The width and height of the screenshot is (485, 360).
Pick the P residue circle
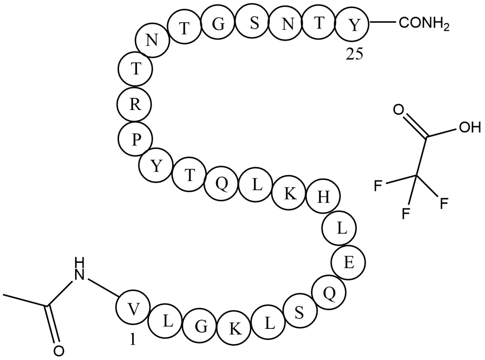(135, 140)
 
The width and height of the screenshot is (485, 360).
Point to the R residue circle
(135, 105)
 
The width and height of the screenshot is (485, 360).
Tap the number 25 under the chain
(354, 55)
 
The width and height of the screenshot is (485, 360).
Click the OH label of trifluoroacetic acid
(468, 128)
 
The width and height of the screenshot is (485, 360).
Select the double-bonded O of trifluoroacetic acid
(398, 110)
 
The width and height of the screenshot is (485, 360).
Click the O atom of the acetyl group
(57, 350)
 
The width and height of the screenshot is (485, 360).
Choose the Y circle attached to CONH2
(353, 25)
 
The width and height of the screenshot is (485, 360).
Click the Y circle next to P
(156, 167)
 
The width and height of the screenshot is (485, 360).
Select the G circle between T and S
(218, 24)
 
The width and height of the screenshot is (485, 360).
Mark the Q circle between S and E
(329, 294)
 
